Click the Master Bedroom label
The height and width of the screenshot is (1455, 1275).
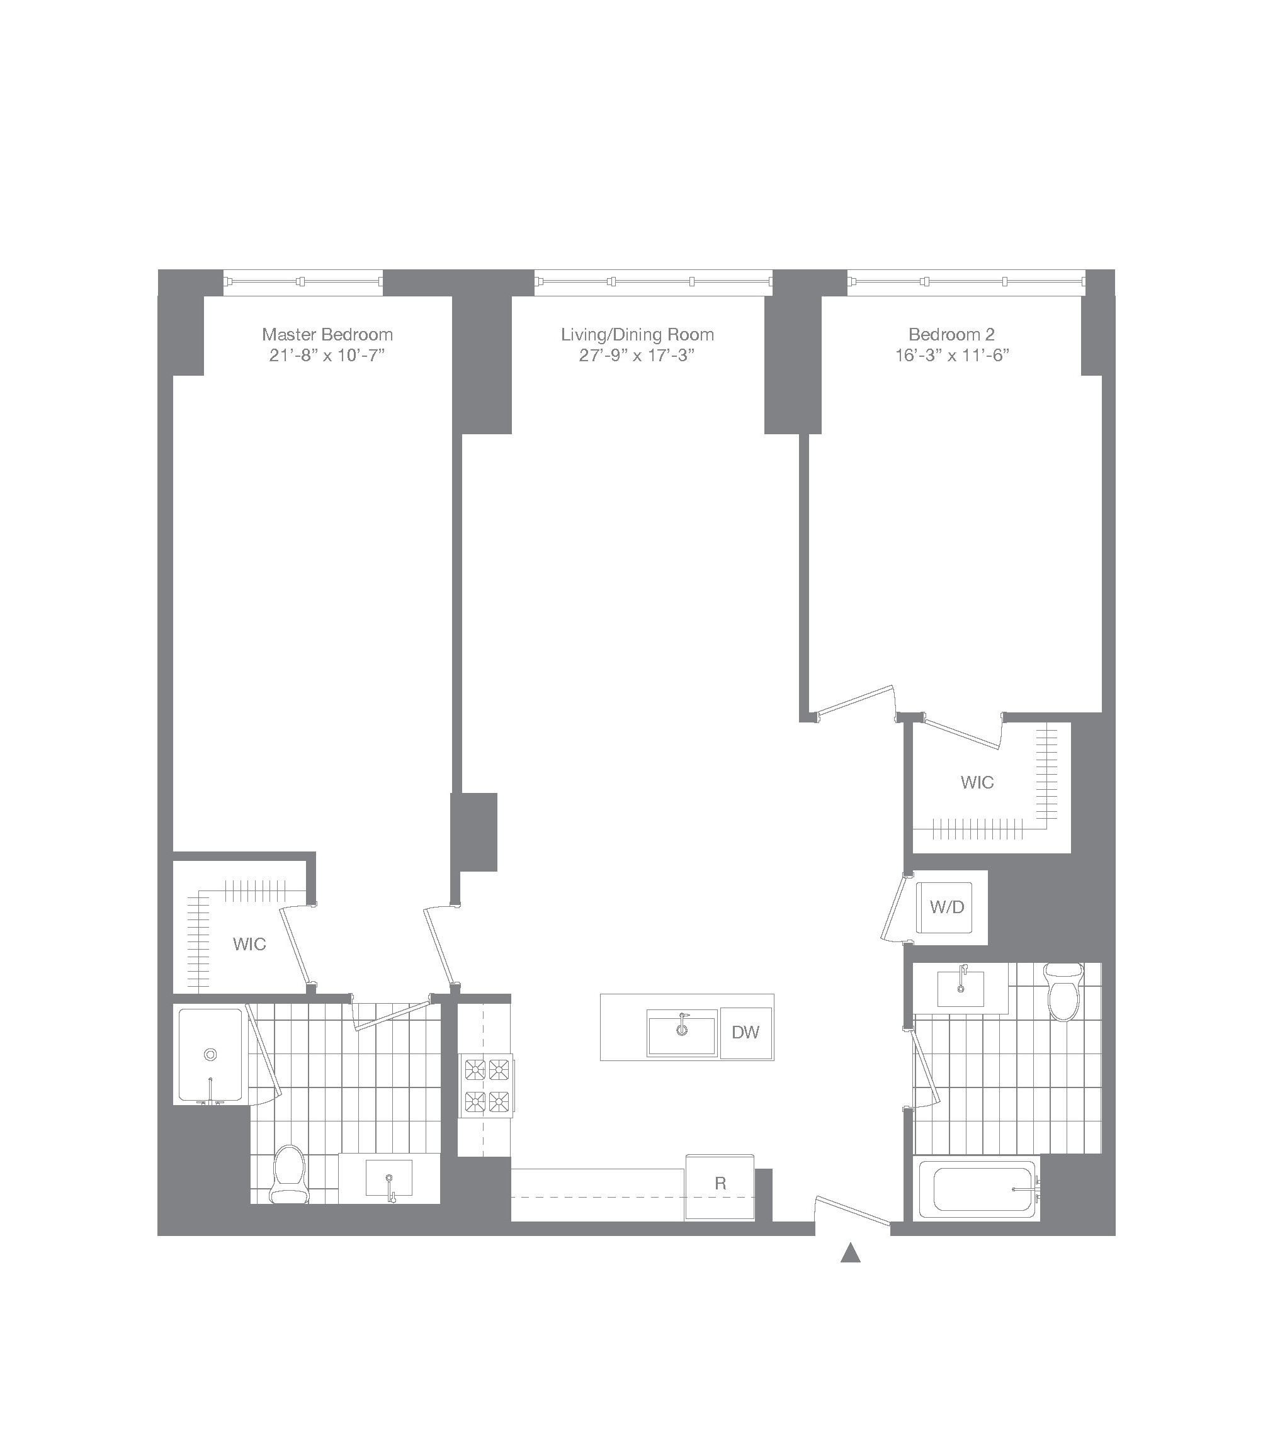click(x=327, y=334)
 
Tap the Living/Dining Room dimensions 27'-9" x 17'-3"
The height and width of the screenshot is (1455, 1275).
click(x=637, y=356)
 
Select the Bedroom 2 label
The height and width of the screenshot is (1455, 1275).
click(x=951, y=334)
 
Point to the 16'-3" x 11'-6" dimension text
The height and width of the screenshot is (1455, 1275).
click(x=952, y=356)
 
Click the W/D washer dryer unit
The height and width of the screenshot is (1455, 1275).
click(x=947, y=907)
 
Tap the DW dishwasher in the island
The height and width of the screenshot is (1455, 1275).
click(x=745, y=1033)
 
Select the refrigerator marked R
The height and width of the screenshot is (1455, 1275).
click(x=720, y=1183)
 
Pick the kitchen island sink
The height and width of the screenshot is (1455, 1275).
click(x=682, y=1033)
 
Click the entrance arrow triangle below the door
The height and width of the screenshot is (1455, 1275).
click(x=850, y=1253)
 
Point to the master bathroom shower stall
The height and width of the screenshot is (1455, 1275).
click(x=210, y=1055)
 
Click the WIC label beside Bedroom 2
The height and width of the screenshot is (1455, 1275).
click(x=977, y=782)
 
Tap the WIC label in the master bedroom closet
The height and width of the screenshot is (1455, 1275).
click(x=249, y=944)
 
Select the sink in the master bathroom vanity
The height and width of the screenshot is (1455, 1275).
click(x=388, y=1178)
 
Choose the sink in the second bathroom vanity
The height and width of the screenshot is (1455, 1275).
click(x=961, y=988)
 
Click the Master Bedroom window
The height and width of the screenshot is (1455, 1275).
click(x=303, y=283)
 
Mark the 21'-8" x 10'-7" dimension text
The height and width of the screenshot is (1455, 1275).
click(x=327, y=356)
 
